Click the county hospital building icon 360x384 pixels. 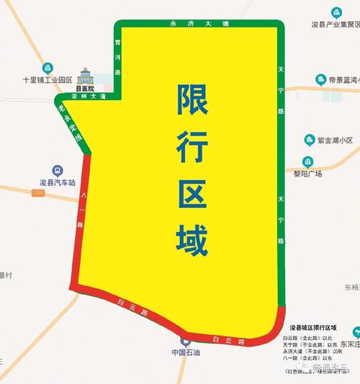[86, 76]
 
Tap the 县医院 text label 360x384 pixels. [86, 88]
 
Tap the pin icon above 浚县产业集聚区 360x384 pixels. [337, 12]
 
